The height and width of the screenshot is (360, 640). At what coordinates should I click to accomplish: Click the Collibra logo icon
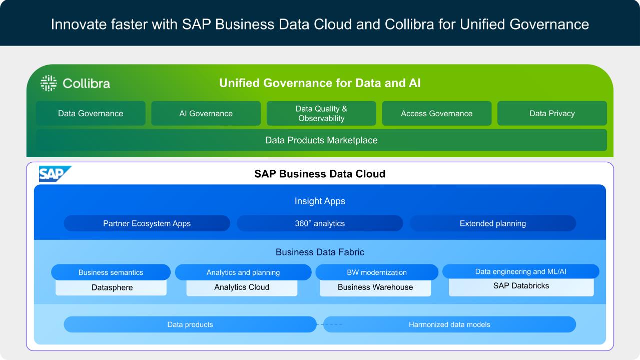coord(49,83)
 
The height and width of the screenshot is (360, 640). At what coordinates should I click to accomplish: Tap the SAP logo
coord(55,174)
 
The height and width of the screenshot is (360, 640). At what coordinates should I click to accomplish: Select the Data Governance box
coord(91,113)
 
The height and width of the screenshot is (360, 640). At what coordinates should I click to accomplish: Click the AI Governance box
coord(206,113)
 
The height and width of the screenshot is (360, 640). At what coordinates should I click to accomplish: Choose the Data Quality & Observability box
coord(321,113)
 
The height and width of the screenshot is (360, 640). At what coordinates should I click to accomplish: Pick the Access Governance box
coord(437,113)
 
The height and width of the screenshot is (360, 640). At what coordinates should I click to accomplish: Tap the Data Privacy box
coord(552,113)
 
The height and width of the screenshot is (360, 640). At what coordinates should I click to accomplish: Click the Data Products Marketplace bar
coord(321,140)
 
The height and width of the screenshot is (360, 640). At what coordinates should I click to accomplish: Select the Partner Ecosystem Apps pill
coord(147,223)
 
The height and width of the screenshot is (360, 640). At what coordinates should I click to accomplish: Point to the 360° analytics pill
coord(320,223)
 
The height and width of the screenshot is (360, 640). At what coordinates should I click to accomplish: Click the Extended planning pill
coord(493,223)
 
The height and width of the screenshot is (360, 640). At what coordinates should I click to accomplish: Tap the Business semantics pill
coord(111,272)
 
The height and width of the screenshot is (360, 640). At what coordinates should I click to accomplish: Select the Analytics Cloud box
coord(242,288)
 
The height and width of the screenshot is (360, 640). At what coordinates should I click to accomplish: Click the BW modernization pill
coord(377,272)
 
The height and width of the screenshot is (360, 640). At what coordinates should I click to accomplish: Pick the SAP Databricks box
coord(521,287)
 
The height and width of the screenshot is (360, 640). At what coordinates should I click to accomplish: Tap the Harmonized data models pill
coord(450,324)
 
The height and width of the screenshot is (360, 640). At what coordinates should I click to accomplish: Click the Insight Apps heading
coord(320,201)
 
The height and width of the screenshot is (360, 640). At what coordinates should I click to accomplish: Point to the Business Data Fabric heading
coord(320,252)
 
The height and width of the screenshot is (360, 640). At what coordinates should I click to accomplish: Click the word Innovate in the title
coord(79,25)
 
